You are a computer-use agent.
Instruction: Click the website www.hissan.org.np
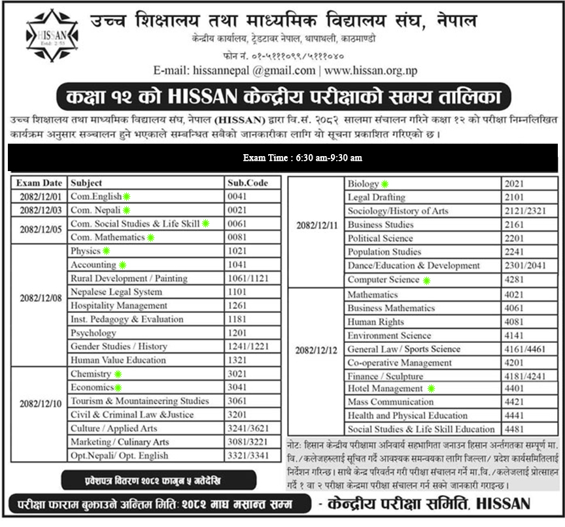coord(371,71)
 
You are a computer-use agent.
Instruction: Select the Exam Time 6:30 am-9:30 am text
coord(302,157)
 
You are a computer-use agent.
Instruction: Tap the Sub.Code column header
coord(248,183)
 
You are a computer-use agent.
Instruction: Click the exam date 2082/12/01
coord(40,197)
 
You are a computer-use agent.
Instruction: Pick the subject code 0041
coord(237,197)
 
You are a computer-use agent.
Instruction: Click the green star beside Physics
coord(107,251)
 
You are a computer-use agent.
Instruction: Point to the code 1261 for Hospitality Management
coord(237,306)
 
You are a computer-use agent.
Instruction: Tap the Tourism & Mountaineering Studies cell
coord(139,401)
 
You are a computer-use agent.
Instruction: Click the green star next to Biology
coord(385,184)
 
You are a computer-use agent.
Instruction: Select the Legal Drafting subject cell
coord(376,197)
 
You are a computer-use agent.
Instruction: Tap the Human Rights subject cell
coord(375,321)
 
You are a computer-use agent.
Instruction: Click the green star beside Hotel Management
coord(431,388)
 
